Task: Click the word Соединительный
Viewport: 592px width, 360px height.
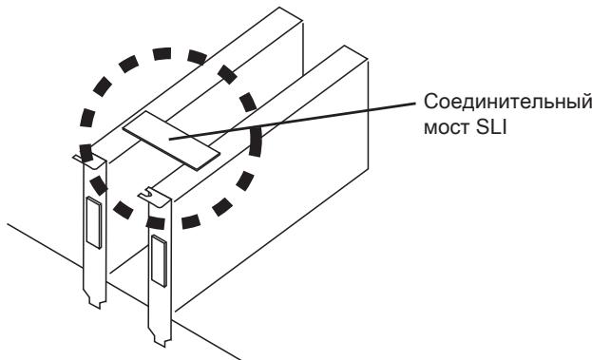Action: [x=507, y=103]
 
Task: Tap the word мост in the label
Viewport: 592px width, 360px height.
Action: [x=446, y=128]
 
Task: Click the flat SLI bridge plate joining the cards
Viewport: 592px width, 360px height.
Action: [x=171, y=140]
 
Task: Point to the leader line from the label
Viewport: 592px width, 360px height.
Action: [x=293, y=121]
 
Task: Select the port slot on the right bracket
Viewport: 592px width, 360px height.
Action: [x=159, y=261]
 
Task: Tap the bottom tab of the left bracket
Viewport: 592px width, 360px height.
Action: [x=96, y=300]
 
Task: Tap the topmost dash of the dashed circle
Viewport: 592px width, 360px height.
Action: [x=162, y=53]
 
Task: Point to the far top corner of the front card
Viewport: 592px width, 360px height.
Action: [x=344, y=46]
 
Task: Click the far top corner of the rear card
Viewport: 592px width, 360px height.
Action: [x=279, y=8]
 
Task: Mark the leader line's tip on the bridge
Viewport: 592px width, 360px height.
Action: [x=169, y=140]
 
